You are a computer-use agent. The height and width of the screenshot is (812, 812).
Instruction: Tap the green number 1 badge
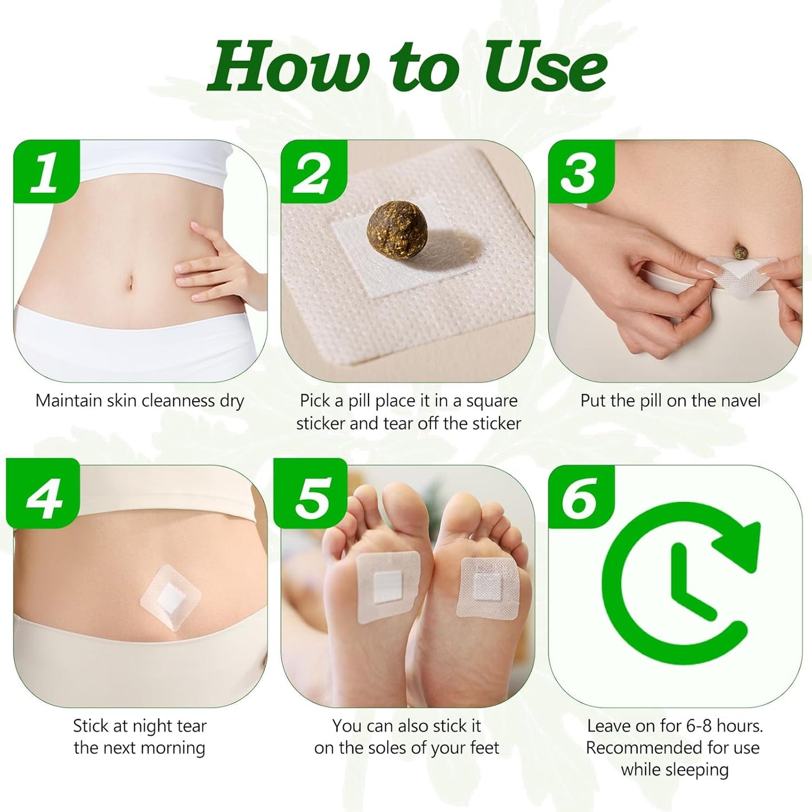44,171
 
